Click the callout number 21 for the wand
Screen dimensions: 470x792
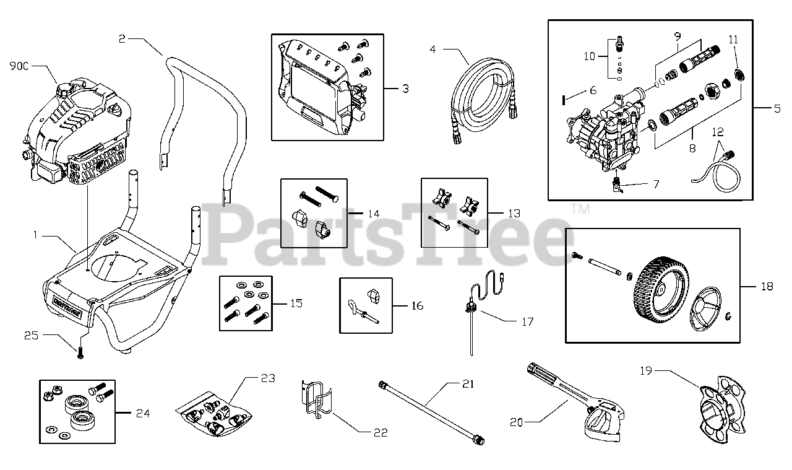(468, 384)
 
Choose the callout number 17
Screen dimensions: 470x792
(527, 321)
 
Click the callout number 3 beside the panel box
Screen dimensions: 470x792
(405, 89)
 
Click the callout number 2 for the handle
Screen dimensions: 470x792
(122, 38)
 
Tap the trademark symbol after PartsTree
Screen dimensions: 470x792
(580, 209)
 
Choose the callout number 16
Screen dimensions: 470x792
(417, 305)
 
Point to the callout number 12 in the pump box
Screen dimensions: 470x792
(717, 132)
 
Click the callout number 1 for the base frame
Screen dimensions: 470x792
(36, 235)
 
